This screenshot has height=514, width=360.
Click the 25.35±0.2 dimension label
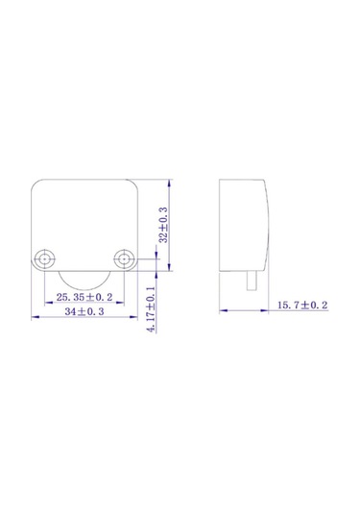(x=84, y=297)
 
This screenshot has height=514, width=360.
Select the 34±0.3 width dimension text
(x=84, y=311)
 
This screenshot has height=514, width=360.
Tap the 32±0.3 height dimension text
(x=163, y=225)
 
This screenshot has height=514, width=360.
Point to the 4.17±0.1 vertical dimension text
(x=152, y=309)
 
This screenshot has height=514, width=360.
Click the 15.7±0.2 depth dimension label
(x=302, y=306)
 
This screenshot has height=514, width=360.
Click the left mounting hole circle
(x=44, y=259)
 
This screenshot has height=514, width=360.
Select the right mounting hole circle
(x=125, y=259)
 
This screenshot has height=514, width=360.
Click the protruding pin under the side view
(x=252, y=281)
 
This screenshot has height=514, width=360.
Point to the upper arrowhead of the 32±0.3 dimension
(x=169, y=184)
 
